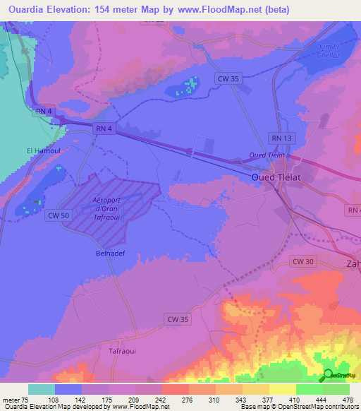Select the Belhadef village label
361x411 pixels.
point(110,251)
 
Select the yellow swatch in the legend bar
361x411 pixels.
point(282,389)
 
